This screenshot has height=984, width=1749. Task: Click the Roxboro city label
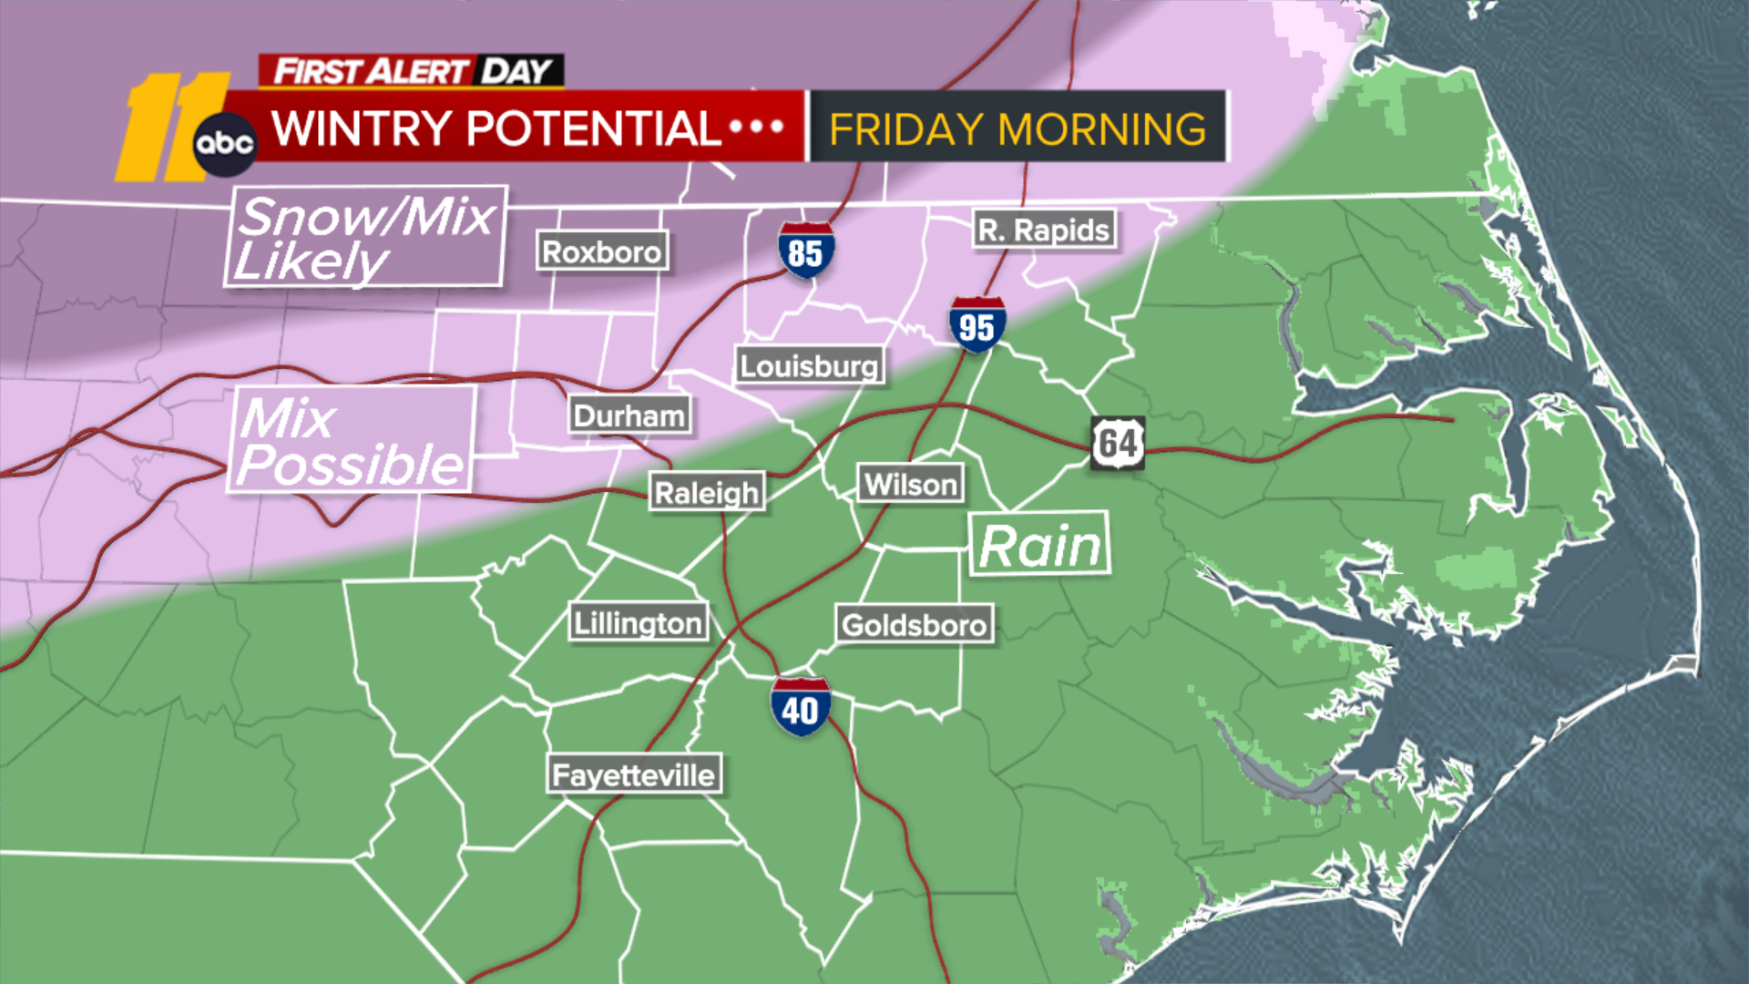point(601,251)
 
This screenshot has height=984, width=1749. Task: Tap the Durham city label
point(629,415)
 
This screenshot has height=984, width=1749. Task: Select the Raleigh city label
point(706,493)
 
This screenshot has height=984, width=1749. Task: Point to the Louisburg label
point(809,366)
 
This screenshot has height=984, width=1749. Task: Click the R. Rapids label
point(1044,231)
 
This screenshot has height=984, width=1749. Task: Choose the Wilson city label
point(910,484)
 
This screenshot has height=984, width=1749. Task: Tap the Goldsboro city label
point(914,625)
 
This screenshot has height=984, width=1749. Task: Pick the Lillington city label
point(638,623)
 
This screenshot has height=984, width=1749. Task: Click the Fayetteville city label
point(634,775)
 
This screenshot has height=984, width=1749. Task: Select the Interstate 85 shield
point(805,251)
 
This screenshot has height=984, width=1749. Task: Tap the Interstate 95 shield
point(977,325)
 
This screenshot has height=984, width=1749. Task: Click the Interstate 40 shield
point(800,707)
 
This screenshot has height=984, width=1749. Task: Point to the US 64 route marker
point(1118,444)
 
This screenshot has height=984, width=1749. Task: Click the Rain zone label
point(1039,545)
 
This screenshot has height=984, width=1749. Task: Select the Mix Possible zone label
point(350,441)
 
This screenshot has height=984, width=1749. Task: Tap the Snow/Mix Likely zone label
point(364,237)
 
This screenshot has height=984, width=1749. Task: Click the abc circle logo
point(225,144)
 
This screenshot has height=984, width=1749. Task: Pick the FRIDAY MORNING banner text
point(1018,128)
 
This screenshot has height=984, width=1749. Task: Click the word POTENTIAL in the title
point(593,128)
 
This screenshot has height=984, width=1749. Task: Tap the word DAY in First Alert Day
point(517,71)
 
